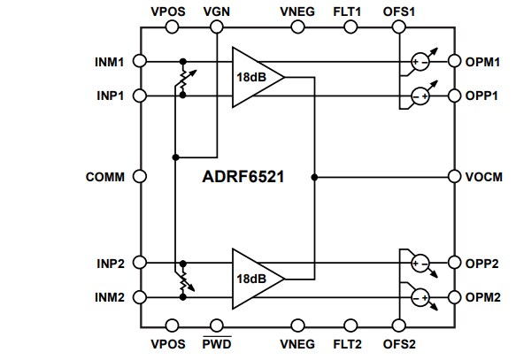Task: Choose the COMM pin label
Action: click(105, 176)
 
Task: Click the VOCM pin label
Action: click(485, 176)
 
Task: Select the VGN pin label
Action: click(215, 11)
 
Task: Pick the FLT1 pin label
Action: click(347, 11)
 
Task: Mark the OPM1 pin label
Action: click(486, 62)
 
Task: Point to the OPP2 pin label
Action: click(486, 264)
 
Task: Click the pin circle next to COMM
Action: click(139, 176)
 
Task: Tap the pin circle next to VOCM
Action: click(454, 176)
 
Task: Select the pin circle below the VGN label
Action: click(216, 28)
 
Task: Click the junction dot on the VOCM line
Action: click(314, 176)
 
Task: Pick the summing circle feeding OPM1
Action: click(419, 62)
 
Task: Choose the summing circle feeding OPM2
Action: click(419, 296)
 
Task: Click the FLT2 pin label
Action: click(347, 343)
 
